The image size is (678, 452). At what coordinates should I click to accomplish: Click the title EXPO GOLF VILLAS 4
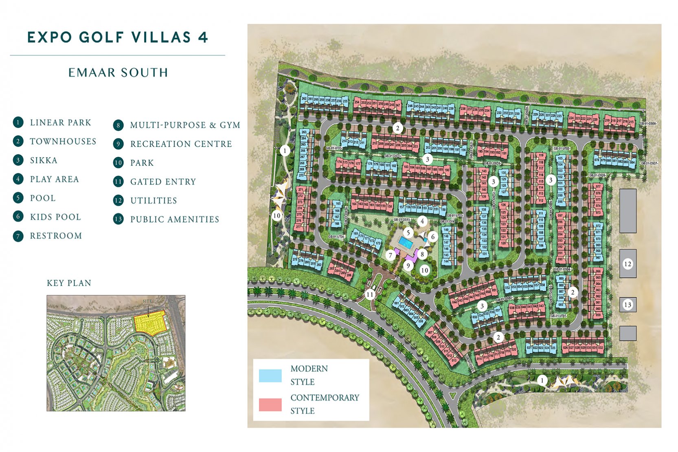pos(118,37)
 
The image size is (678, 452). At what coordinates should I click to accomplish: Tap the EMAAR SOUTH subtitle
pos(118,72)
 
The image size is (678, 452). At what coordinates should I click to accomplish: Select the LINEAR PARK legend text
pos(60,123)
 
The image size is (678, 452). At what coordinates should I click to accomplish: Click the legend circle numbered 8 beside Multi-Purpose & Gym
pos(118,125)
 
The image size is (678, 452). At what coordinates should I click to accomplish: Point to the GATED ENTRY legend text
pos(163,182)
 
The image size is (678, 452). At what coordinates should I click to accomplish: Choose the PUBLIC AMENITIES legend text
pos(174,219)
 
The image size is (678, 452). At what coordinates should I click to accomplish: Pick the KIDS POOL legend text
pos(55,217)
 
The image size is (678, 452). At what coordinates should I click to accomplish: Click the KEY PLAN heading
pos(69,283)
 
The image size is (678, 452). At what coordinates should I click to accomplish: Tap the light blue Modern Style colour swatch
pos(270,375)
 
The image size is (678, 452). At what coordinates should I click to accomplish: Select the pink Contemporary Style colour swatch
pos(270,404)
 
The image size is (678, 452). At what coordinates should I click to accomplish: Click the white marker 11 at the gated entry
pos(370,294)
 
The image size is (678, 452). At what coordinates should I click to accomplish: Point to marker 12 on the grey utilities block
pos(628,264)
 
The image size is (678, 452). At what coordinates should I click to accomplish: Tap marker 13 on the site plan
pos(628,305)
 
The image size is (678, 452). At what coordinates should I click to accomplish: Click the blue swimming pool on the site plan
pos(405,243)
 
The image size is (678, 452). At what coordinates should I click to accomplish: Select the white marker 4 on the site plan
pos(422,222)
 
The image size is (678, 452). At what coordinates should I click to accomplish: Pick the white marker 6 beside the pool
pos(433,236)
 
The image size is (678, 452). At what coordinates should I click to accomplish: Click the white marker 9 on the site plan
pos(408,266)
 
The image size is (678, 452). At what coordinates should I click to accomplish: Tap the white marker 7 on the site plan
pos(391,255)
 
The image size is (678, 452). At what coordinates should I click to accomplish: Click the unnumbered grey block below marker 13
pos(628,333)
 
